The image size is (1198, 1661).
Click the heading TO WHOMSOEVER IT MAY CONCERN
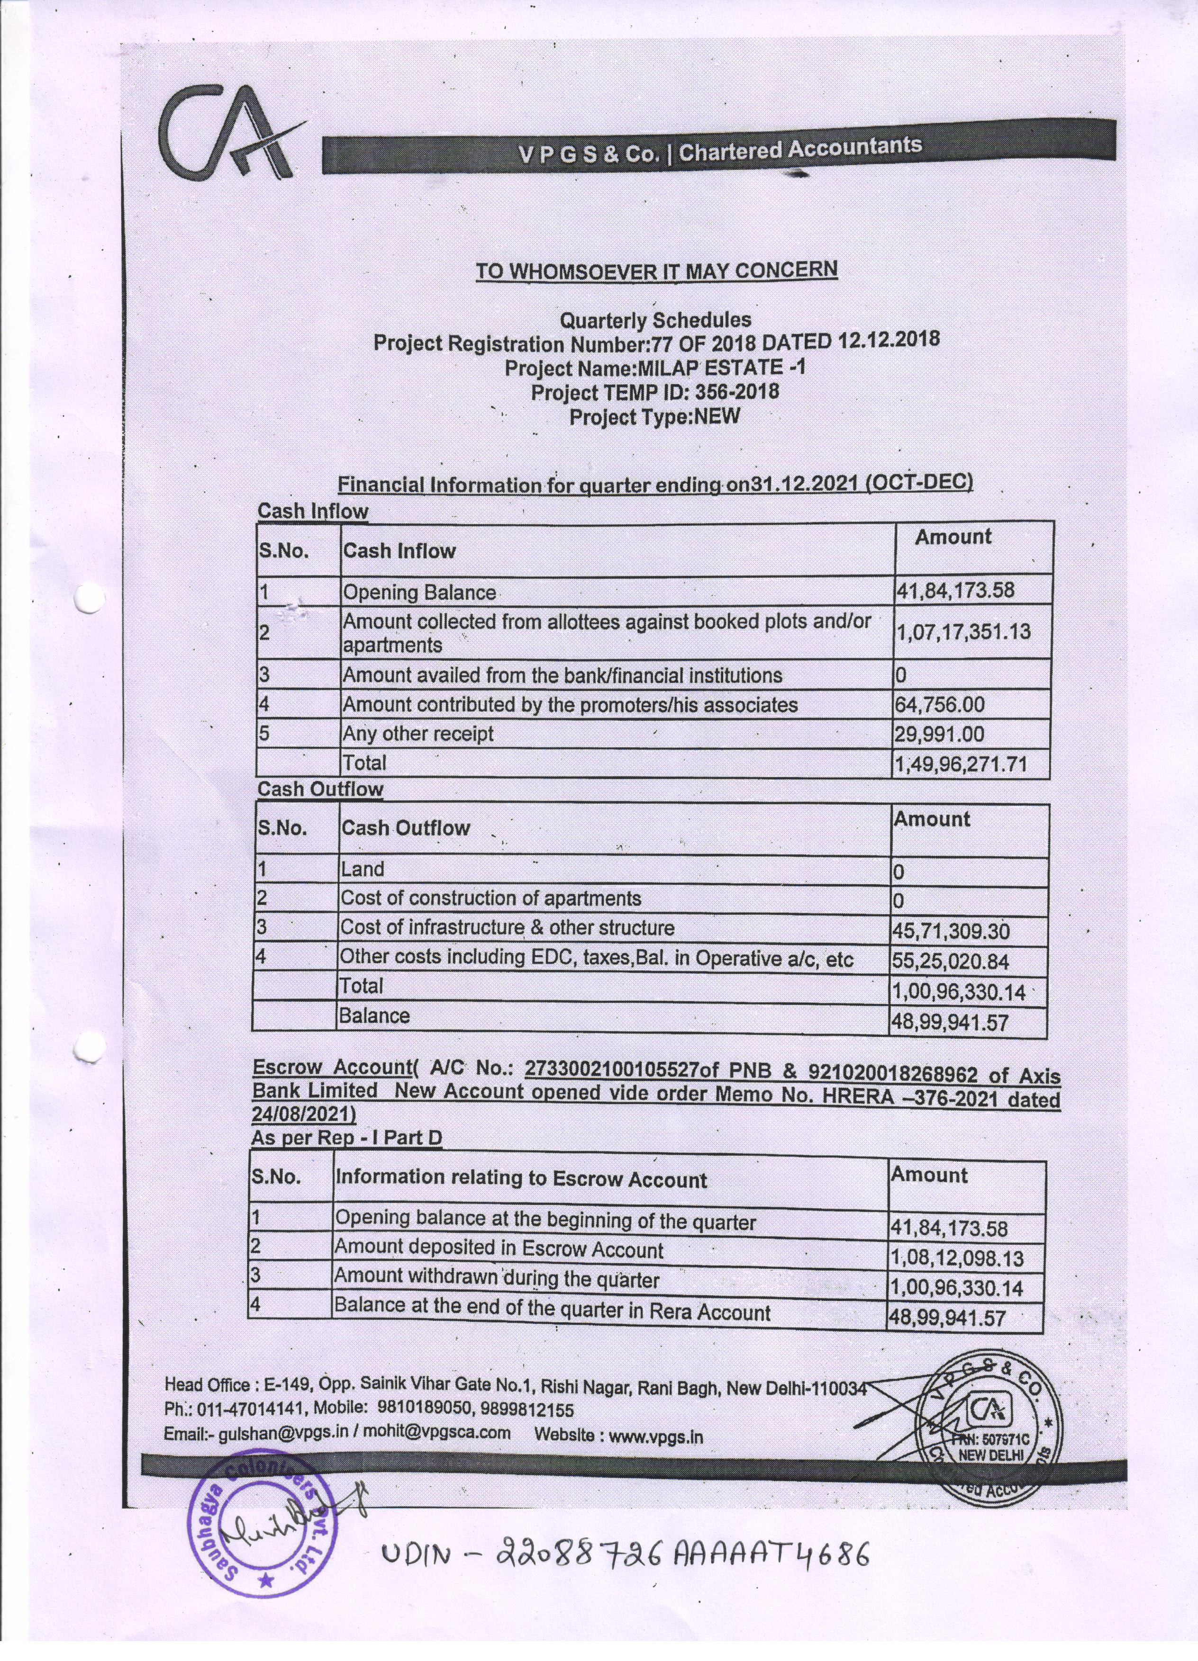pos(656,270)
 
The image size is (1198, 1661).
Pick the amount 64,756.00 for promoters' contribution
pos(939,705)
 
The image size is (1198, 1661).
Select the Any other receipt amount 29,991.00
pos(939,734)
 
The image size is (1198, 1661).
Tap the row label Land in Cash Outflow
pos(362,869)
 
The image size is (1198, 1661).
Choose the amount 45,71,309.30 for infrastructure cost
pos(950,932)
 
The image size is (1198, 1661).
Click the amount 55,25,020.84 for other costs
pos(950,961)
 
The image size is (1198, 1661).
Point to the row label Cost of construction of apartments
pos(490,898)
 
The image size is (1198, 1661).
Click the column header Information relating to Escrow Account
pos(520,1179)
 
